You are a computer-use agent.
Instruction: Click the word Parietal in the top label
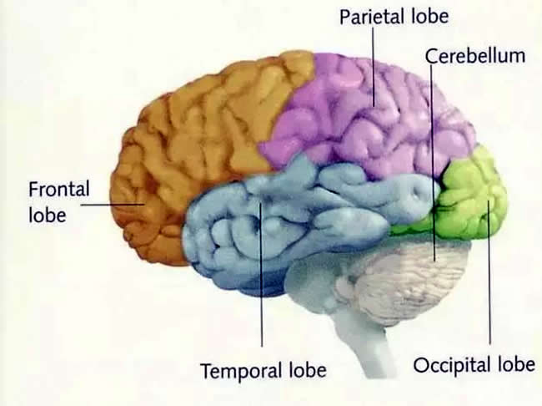coord(373,17)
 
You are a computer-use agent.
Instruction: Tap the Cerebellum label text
coord(475,56)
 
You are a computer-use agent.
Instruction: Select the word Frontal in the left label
coord(58,189)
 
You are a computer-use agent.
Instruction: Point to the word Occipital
coord(452,365)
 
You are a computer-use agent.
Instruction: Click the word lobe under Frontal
coord(48,216)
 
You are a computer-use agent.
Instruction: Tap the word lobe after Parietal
coord(429,16)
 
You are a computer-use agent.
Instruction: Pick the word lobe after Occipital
coord(516,364)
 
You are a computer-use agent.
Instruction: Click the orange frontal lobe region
coord(193,139)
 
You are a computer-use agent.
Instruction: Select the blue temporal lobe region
coord(277,221)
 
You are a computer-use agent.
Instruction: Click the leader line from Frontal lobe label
coord(113,205)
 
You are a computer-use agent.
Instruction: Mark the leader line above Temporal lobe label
coord(261,274)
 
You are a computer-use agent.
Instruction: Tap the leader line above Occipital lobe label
coord(489,272)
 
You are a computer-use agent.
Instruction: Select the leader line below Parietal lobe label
coord(374,67)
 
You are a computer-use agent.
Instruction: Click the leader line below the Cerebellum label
coord(433,163)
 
